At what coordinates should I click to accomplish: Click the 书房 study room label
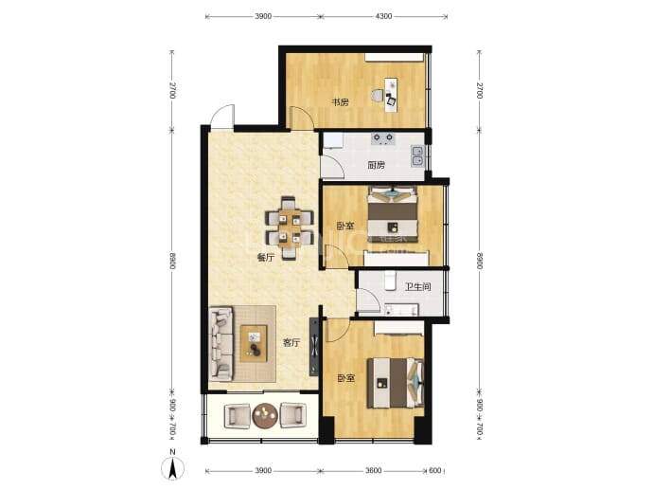pos(340,102)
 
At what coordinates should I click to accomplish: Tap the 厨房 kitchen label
pos(376,165)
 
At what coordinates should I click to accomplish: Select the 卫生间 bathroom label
pos(417,287)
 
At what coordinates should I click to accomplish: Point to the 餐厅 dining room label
pos(265,257)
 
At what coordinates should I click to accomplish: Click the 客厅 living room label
pos(291,343)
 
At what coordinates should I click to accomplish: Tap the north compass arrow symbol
pos(172,468)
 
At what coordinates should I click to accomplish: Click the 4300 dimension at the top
pos(383,16)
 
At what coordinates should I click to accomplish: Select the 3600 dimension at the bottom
pos(373,471)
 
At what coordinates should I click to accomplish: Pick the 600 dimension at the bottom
pos(434,471)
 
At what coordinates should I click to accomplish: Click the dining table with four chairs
pos(290,228)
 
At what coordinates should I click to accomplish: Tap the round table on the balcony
pos(265,415)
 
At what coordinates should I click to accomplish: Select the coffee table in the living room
pos(254,344)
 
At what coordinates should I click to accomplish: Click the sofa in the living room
pos(221,344)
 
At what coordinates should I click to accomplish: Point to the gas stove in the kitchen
pos(382,138)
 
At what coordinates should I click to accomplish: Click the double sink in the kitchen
pos(416,155)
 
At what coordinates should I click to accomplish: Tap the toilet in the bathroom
pos(390,281)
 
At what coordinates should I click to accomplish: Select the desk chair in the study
pos(377,96)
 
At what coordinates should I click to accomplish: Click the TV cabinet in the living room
pos(313,347)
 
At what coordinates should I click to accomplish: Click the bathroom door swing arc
pos(374,298)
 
